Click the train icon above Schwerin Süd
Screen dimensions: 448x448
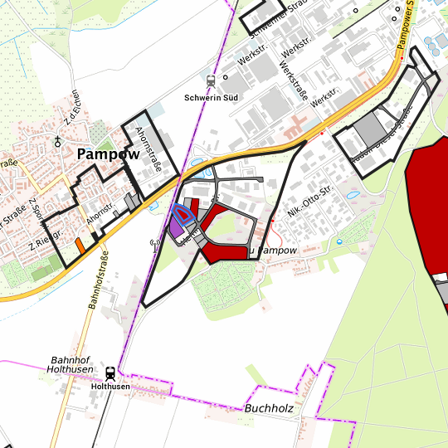(x=210, y=81)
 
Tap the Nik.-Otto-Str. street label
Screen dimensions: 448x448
(x=309, y=204)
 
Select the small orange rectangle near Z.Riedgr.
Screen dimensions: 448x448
(x=80, y=246)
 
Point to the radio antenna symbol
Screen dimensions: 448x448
(x=153, y=245)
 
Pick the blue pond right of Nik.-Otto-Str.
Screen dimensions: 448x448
(x=353, y=196)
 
